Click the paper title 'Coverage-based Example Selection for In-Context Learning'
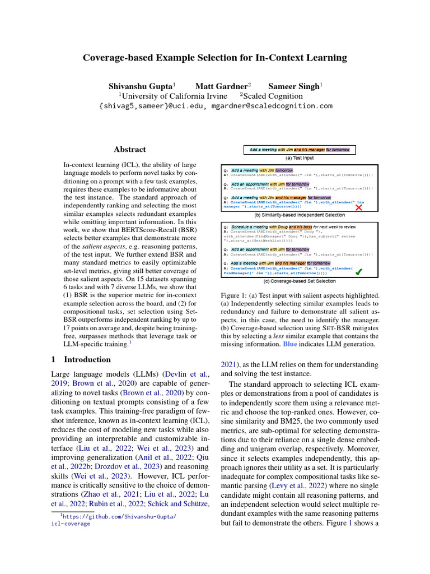click(x=215, y=58)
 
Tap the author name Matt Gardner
click(x=222, y=86)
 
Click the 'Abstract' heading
click(x=130, y=150)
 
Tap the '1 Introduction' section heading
click(x=81, y=359)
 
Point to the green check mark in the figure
click(x=359, y=272)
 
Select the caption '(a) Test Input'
click(x=300, y=158)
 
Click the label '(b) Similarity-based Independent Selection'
click(x=300, y=215)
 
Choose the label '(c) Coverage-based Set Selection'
click(x=300, y=281)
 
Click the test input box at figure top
click(x=300, y=150)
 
